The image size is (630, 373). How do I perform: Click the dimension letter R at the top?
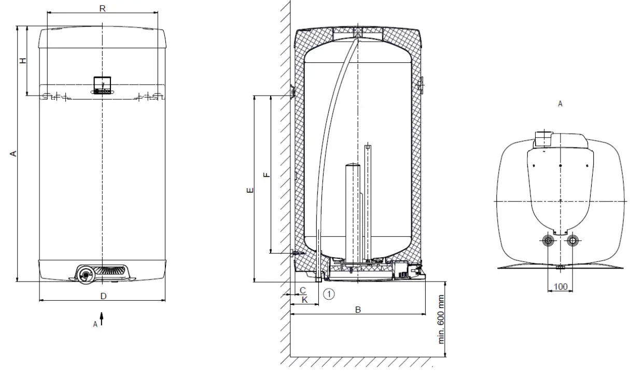[x=102, y=8]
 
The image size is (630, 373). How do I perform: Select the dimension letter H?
[x=23, y=61]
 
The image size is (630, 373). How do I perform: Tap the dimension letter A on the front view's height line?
[x=14, y=153]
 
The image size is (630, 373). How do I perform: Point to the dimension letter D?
[x=103, y=296]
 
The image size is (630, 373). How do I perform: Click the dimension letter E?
[x=250, y=191]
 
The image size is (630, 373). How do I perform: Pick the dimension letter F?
[x=267, y=175]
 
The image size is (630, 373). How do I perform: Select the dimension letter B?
[x=357, y=310]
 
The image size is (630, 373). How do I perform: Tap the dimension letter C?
[x=303, y=290]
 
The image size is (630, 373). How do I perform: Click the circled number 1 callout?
[x=329, y=294]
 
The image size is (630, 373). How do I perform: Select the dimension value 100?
[x=561, y=287]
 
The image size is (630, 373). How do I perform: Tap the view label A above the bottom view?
[x=560, y=104]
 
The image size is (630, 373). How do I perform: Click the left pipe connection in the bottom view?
[x=548, y=241]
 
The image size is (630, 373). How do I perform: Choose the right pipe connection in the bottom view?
[x=572, y=241]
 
